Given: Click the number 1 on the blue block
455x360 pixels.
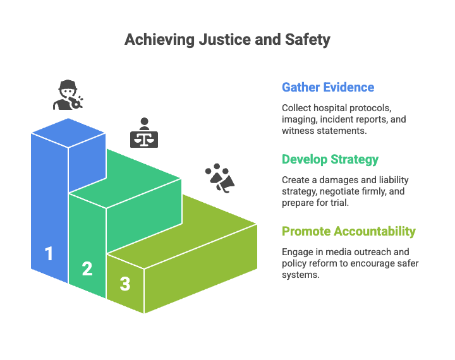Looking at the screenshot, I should point(49,254).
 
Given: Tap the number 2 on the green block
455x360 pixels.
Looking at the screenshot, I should point(87,268).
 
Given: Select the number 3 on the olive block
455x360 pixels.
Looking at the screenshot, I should point(125,284).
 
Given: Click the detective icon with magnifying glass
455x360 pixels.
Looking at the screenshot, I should point(68,95).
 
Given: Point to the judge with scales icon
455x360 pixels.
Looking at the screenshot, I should point(144,133).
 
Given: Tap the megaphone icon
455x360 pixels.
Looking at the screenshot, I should point(221,178).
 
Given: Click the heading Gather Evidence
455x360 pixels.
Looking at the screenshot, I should point(327,87).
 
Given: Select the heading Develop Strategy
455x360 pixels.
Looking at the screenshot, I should point(330,159).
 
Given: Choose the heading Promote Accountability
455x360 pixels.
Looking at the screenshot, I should point(348,231).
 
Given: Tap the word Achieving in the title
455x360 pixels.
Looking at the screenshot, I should point(159,39).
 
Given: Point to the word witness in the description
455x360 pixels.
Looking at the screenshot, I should point(297,131).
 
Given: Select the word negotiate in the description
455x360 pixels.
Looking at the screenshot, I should point(347,191).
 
